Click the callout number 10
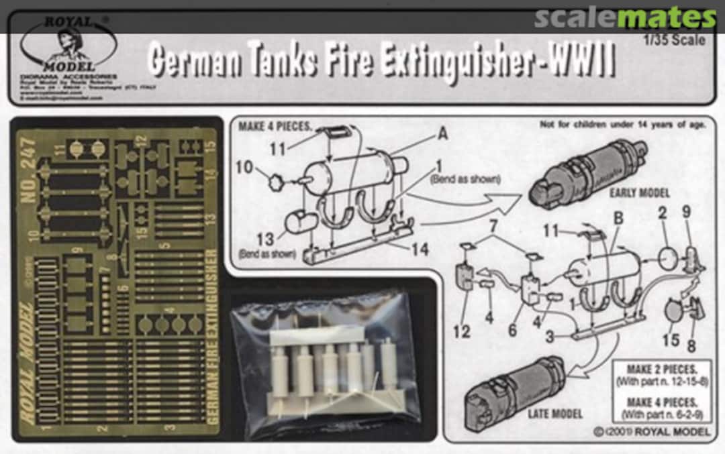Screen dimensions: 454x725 245,167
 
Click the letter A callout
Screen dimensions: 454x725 443,133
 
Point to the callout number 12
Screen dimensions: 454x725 465,331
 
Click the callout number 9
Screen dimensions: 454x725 686,230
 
